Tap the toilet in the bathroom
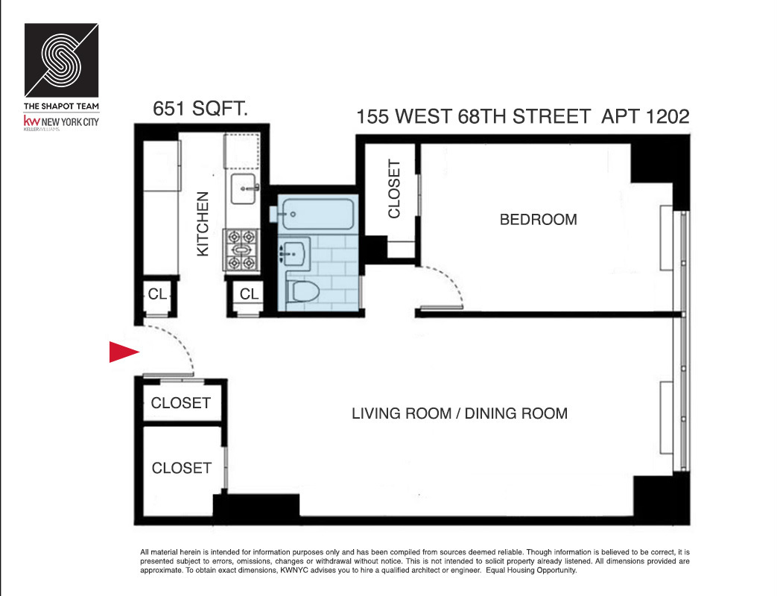305,291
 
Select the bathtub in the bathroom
316,213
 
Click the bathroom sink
296,254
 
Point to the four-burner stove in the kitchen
242,249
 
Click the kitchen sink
244,190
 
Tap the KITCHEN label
203,224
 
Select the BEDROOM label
538,220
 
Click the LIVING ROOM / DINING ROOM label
459,413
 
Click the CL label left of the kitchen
157,294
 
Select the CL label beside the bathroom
249,295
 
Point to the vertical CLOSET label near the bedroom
394,189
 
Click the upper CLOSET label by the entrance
180,403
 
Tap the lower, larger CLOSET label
181,468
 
